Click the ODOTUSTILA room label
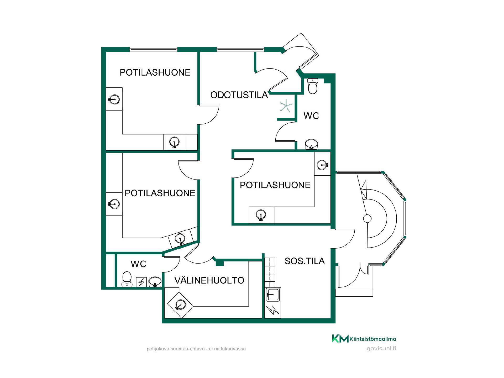click(239, 95)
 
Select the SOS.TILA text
click(304, 261)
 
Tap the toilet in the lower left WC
click(127, 279)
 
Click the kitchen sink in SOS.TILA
click(273, 295)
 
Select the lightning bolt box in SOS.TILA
click(273, 310)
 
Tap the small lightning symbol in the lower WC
click(141, 282)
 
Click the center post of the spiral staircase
click(367, 218)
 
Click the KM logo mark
click(340, 339)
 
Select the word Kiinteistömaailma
click(373, 339)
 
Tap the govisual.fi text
click(381, 349)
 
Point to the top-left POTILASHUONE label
click(155, 72)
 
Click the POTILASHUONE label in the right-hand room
click(275, 185)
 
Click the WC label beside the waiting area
click(311, 116)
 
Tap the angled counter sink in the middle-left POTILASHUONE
click(180, 239)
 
